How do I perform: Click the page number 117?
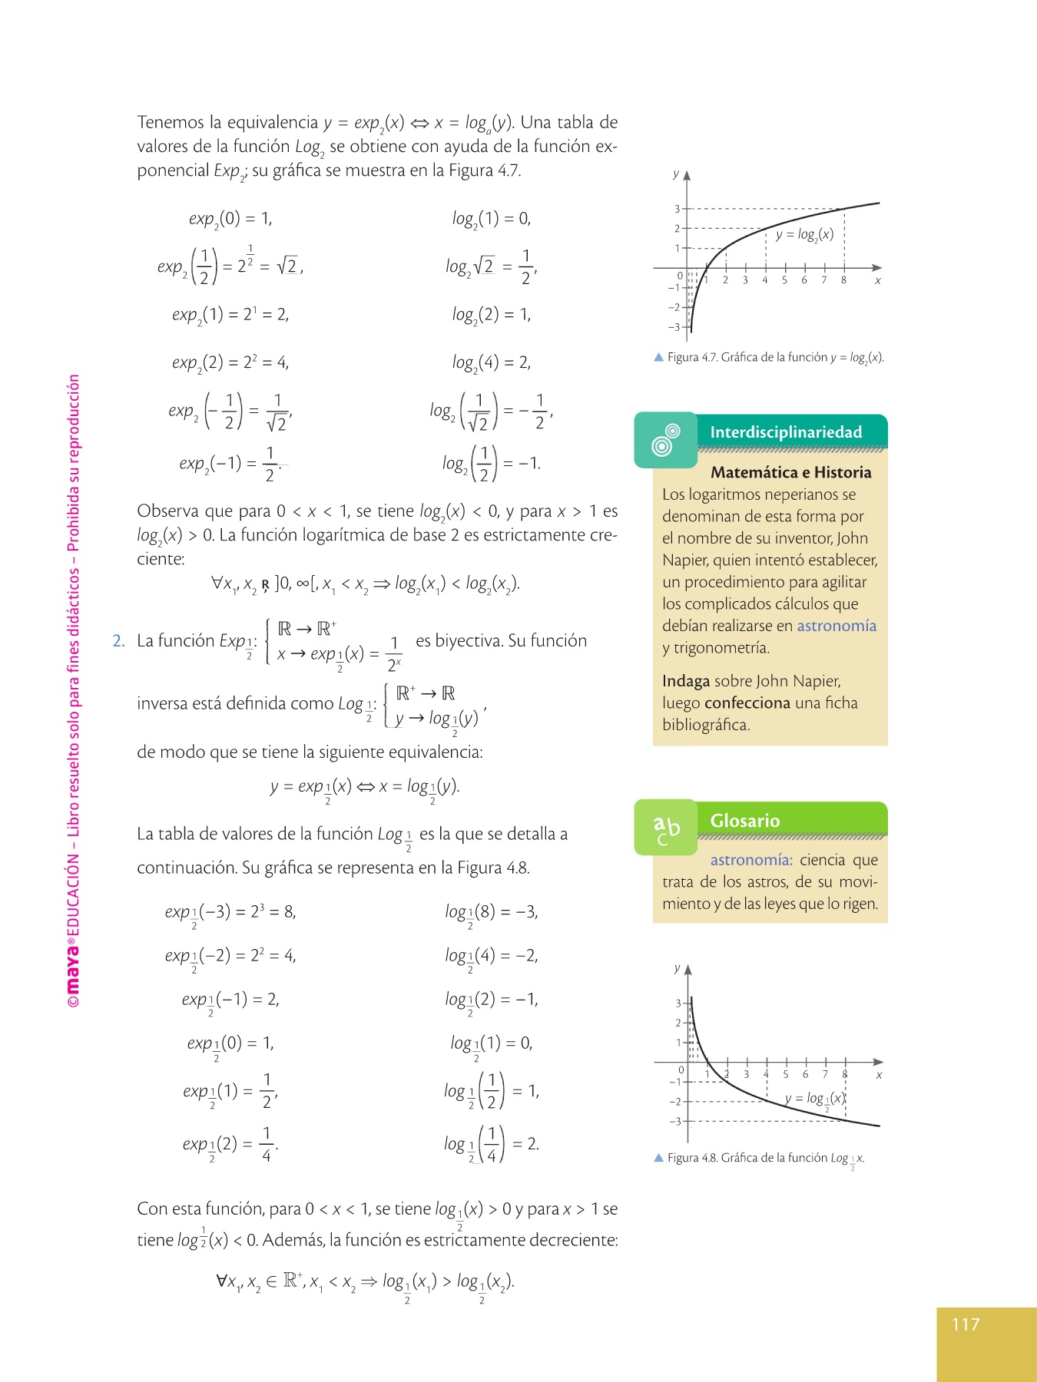click(966, 1324)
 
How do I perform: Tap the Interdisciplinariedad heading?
click(786, 432)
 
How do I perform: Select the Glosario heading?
click(744, 821)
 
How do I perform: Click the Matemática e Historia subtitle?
click(790, 472)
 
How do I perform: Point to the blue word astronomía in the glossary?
click(750, 860)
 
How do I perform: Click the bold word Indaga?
click(686, 681)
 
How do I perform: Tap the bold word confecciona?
click(747, 703)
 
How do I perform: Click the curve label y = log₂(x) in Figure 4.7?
click(804, 235)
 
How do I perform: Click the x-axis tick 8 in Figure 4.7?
click(843, 280)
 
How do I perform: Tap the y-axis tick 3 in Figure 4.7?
click(677, 209)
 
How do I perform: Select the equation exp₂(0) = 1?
click(230, 219)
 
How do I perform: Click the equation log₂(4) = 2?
click(491, 362)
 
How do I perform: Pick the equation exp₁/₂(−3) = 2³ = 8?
click(230, 913)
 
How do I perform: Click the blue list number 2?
click(118, 641)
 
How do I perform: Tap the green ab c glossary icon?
click(666, 827)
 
